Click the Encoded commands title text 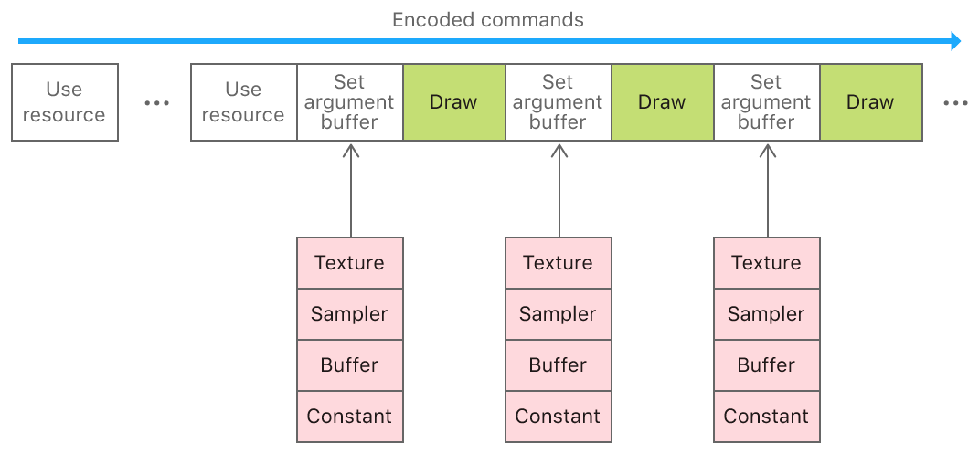coord(487,20)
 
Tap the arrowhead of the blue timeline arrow coord(955,41)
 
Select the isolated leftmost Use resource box coord(65,102)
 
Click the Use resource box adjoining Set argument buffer coord(243,102)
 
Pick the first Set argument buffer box coord(349,102)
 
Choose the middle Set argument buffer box coord(559,102)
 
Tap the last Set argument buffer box coord(767,102)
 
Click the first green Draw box coord(454,102)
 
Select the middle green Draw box coord(663,102)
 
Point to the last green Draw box coord(871,102)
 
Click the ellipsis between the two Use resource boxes coord(156,103)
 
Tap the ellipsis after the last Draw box coord(956,103)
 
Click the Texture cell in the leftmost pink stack coord(349,262)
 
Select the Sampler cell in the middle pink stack coord(559,313)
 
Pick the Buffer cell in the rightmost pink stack coord(767,364)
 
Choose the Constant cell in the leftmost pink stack coord(349,417)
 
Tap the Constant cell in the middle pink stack coord(559,417)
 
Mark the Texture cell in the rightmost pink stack coord(767,262)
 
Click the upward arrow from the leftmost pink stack coord(351,190)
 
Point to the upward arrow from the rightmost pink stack coord(768,190)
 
